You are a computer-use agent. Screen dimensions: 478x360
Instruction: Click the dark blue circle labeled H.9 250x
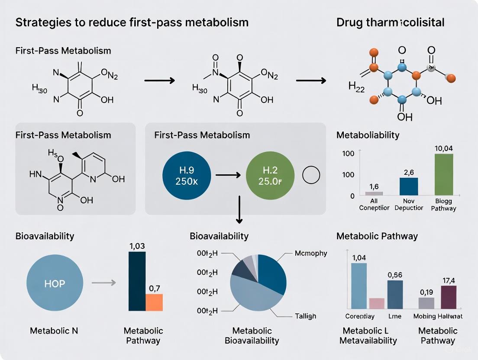click(x=187, y=175)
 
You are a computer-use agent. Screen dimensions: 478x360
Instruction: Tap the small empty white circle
click(x=310, y=175)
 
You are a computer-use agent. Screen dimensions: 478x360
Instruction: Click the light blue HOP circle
click(x=55, y=283)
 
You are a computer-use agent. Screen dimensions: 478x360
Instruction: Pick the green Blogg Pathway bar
click(x=443, y=174)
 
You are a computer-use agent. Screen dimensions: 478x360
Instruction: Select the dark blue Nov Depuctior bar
click(x=409, y=186)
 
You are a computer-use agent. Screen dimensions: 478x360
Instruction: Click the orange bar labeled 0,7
click(x=154, y=302)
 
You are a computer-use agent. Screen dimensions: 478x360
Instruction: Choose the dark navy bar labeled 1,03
click(x=137, y=281)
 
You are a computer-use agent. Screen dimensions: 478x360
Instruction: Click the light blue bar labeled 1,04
click(x=359, y=286)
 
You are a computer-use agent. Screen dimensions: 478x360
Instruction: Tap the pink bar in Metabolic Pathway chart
click(x=377, y=303)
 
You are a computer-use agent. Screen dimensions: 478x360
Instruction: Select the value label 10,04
click(x=443, y=149)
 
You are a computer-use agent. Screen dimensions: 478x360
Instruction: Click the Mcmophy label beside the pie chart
click(x=310, y=253)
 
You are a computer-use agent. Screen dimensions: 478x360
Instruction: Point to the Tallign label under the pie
click(x=306, y=316)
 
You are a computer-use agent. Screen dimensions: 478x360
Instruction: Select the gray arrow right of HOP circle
click(x=103, y=283)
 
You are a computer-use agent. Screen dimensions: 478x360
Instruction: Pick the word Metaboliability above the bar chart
click(x=368, y=135)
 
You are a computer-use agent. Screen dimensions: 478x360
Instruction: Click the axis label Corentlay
click(x=360, y=316)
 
